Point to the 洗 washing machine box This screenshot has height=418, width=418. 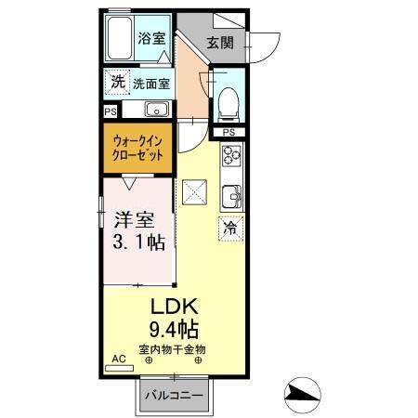[117, 82]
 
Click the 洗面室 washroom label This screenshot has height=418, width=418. [150, 83]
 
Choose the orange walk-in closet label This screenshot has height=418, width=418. [137, 149]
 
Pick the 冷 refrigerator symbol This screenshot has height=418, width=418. [229, 227]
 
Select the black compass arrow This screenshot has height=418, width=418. [303, 394]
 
